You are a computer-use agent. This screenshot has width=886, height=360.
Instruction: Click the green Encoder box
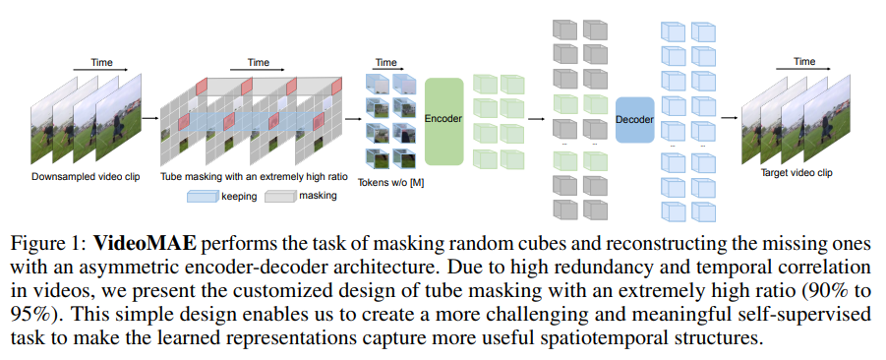[443, 119]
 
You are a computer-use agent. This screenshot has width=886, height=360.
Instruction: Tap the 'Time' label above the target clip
[804, 61]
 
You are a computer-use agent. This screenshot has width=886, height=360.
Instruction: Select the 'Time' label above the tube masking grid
[258, 62]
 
